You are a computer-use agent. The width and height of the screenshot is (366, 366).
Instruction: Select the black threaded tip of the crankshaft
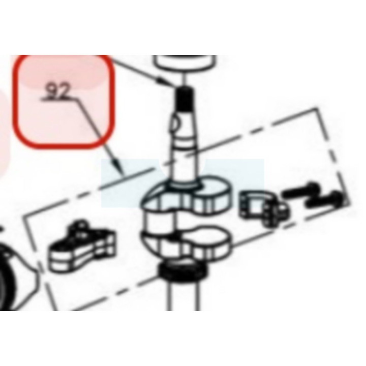pos(185,99)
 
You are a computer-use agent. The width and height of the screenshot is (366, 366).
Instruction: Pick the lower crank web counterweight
pos(187,243)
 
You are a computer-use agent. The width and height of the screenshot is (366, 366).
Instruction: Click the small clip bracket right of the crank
pos(264,208)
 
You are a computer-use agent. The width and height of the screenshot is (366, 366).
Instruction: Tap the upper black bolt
pos(300,190)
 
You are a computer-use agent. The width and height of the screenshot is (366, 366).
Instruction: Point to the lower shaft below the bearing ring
pos(184,296)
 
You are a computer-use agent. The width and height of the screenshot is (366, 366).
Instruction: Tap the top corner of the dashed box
pos(317,109)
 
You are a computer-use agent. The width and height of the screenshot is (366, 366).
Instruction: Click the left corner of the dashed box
pos(24,216)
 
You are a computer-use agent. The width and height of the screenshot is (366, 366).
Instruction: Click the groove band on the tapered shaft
pos(185,142)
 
